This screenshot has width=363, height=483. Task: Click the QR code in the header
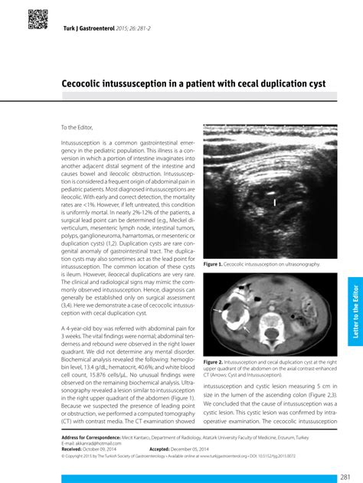coord(38,19)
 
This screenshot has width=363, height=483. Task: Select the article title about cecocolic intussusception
coord(194,81)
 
